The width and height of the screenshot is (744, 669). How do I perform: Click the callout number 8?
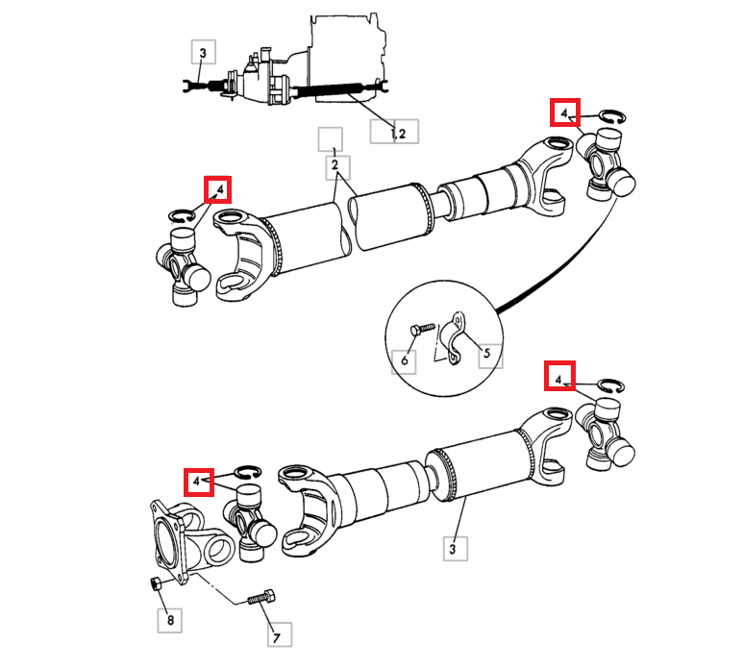coord(170,620)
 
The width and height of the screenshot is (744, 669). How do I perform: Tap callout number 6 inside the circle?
coord(405,360)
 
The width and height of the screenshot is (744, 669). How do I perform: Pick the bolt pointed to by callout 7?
coord(261,596)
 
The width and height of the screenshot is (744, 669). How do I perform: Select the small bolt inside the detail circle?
coord(422,329)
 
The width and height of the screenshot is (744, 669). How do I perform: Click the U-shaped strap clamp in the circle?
coord(453,337)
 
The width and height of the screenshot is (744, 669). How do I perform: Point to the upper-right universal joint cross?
coord(606,164)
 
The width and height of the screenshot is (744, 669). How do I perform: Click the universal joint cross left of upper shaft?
coord(184,265)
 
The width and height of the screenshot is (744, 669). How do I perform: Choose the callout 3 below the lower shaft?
coord(453,549)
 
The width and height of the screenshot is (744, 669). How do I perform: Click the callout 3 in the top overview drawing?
coord(203,52)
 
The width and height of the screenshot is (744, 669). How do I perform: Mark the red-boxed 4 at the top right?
coord(564,112)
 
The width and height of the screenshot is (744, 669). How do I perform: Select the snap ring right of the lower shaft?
coord(610,386)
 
